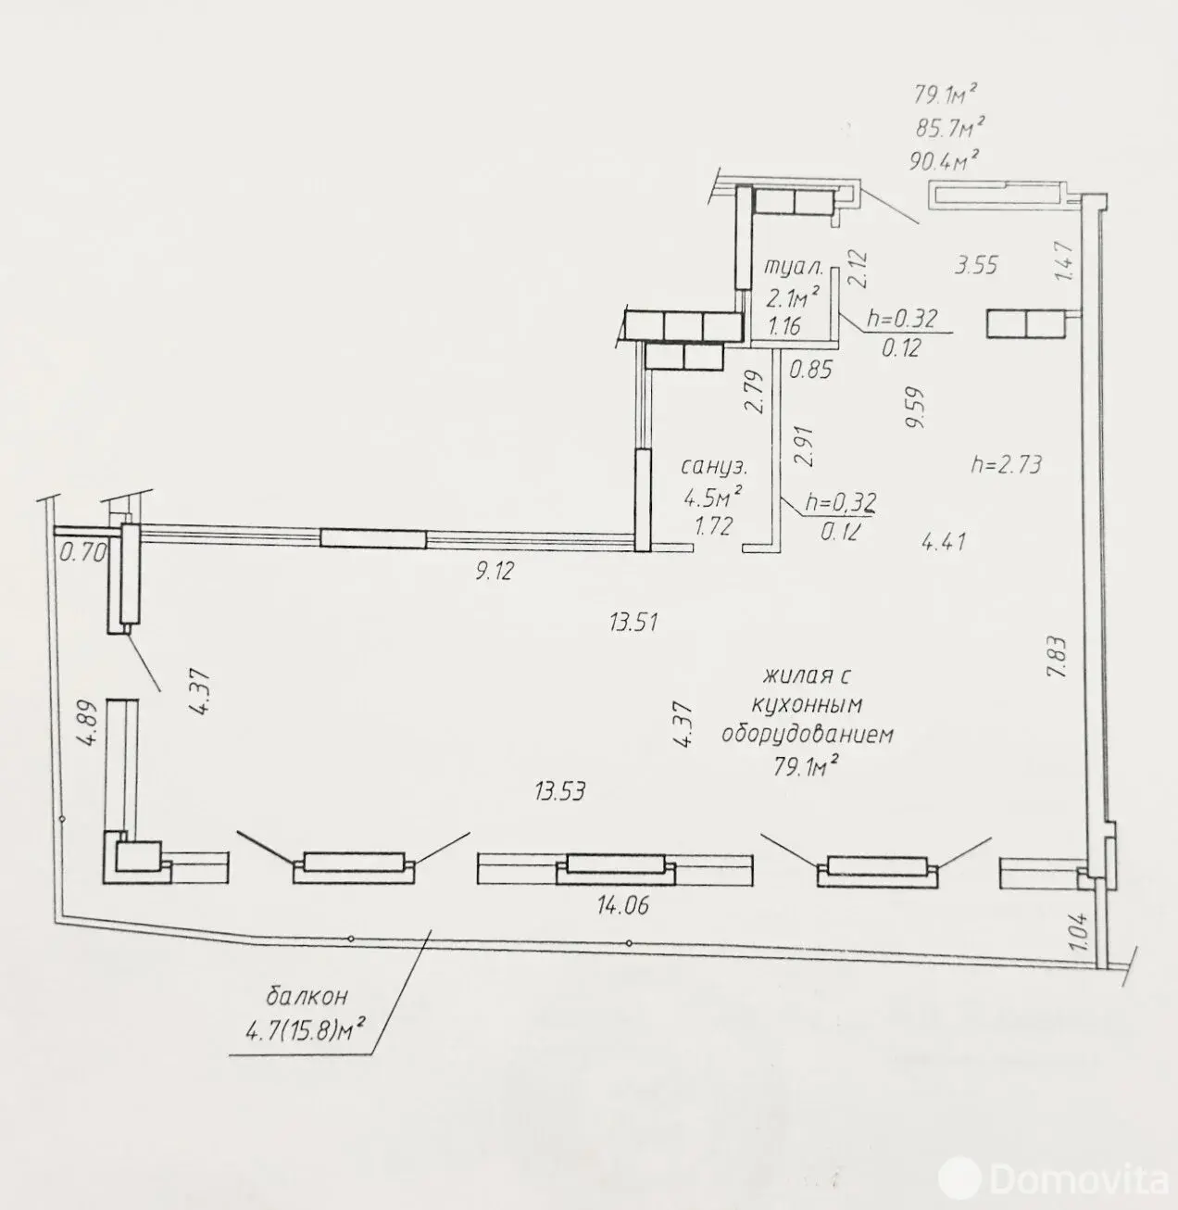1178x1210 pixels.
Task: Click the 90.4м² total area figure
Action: (x=942, y=160)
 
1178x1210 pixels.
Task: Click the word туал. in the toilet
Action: (x=794, y=268)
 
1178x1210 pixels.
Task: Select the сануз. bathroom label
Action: (x=714, y=466)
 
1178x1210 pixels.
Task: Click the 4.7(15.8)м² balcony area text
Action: (x=305, y=1032)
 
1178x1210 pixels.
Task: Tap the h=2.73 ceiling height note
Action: (x=1006, y=464)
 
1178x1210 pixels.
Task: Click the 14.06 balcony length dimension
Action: (x=623, y=905)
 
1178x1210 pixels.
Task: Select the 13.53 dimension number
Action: (x=560, y=791)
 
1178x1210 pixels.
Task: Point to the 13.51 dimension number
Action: (x=633, y=622)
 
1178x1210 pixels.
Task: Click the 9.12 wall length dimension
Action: (x=495, y=570)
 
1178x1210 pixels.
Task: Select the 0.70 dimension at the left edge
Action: (x=83, y=551)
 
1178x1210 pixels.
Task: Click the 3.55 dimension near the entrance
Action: (x=976, y=266)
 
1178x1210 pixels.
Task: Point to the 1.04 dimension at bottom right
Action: (x=1079, y=931)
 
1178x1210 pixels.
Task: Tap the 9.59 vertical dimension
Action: (x=915, y=408)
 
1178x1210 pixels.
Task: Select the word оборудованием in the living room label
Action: (x=808, y=735)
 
